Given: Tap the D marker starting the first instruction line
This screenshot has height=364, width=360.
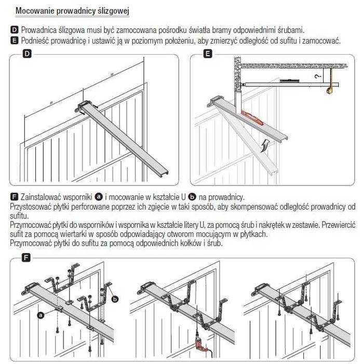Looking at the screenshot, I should tap(14, 30).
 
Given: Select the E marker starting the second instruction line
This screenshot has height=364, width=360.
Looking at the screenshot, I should tap(14, 40).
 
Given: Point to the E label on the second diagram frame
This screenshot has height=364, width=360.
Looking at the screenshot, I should tap(207, 54).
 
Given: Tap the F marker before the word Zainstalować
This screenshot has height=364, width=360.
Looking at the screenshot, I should tap(14, 197).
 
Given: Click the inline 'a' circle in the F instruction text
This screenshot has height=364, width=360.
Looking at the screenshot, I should tap(98, 197).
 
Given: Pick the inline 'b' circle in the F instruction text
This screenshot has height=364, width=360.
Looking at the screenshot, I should tap(192, 197).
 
